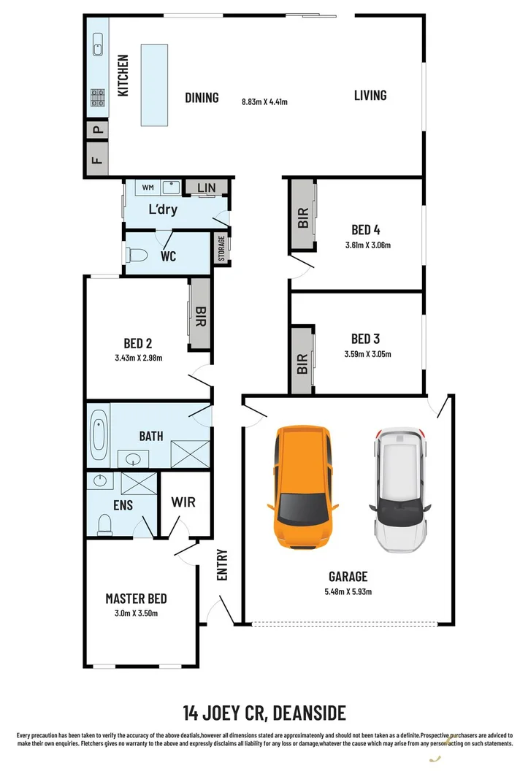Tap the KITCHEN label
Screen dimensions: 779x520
[123, 75]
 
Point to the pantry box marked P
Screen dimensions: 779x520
[97, 132]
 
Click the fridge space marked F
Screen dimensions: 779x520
[97, 160]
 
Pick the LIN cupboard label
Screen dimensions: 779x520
[206, 188]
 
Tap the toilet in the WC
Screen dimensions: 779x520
[137, 256]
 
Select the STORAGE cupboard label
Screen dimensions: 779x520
[221, 248]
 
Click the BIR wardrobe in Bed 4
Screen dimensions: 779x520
[303, 217]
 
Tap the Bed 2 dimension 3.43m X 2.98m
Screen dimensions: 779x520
[138, 358]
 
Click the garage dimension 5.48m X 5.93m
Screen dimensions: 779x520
[348, 591]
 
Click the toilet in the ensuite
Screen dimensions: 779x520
[104, 523]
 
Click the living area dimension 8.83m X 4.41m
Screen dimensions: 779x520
[264, 101]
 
